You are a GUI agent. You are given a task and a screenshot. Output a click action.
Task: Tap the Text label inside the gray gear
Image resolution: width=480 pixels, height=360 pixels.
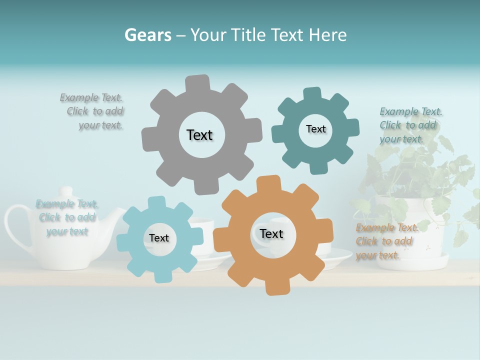199,135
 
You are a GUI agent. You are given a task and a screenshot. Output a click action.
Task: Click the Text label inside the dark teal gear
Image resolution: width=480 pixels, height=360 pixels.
315,129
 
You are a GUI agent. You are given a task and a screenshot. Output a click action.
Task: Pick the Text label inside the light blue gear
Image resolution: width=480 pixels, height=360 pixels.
159,238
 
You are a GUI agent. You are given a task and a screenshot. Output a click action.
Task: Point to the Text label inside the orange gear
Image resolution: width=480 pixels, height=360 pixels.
271,233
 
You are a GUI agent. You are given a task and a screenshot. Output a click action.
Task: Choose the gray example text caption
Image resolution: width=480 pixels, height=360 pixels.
92,111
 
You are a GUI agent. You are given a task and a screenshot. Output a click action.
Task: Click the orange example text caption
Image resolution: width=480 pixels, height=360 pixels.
385,241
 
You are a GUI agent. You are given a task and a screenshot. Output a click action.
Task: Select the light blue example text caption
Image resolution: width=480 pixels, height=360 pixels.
67,217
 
